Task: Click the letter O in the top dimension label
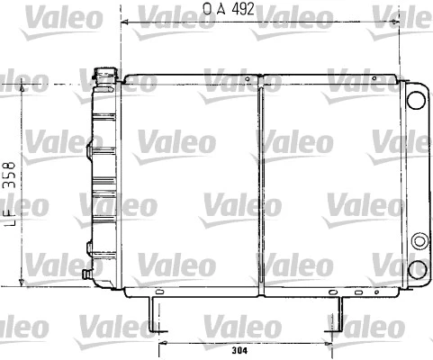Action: (x=207, y=8)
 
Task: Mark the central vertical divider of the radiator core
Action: (x=260, y=184)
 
